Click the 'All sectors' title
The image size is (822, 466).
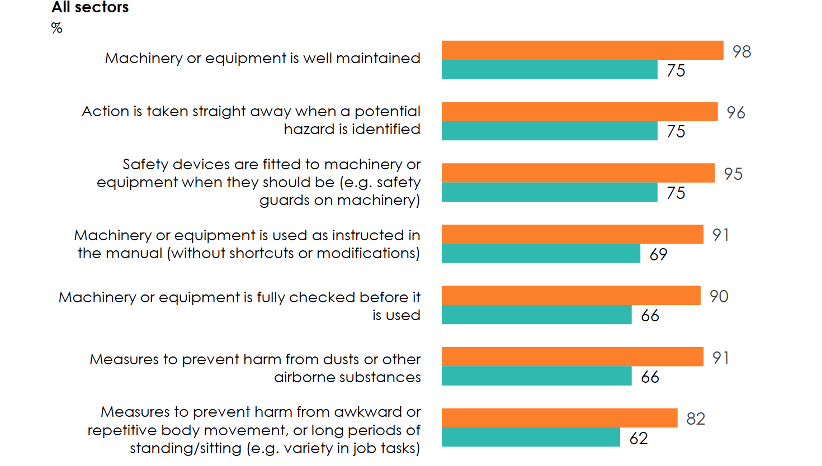pos(90,7)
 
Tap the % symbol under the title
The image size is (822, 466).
pos(56,28)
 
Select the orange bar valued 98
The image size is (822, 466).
pos(582,50)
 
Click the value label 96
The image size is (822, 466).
pos(736,112)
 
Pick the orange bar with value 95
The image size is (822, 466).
pos(578,173)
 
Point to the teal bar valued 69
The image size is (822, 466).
pos(541,254)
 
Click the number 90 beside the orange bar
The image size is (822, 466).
pos(719,296)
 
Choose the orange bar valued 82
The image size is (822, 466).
pos(559,418)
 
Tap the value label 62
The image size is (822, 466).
pos(639,438)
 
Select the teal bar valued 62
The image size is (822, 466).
pos(531,438)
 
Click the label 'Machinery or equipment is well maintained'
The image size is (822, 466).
pos(262,58)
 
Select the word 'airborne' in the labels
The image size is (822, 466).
pos(304,377)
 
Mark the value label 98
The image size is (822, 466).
pos(741,51)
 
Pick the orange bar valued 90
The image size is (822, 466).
pos(571,296)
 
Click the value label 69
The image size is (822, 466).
pos(658,254)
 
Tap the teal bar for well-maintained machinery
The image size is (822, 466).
pos(549,70)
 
